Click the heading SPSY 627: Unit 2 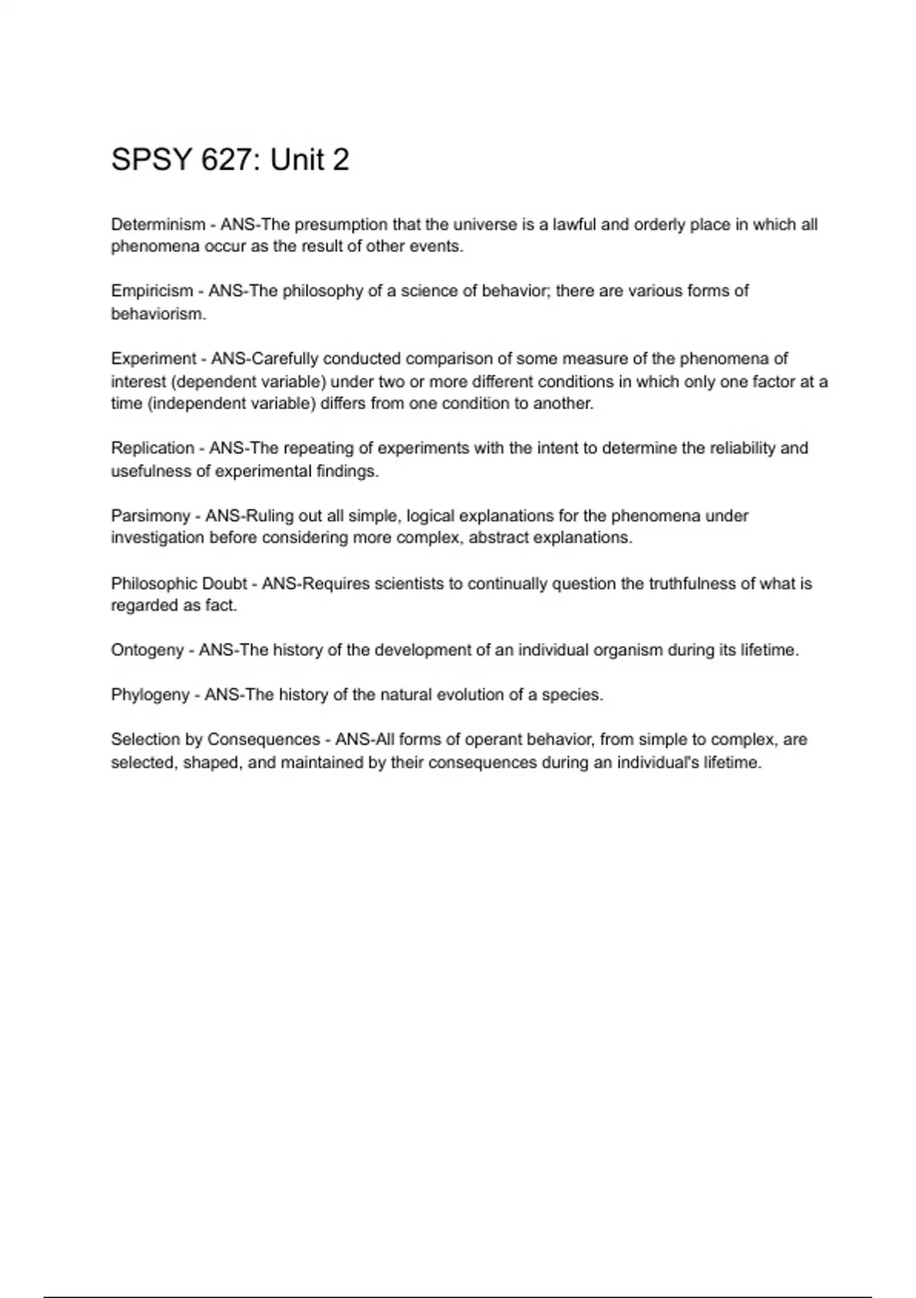coord(230,160)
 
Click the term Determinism coord(158,224)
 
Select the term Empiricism coord(152,291)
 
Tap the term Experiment coord(153,359)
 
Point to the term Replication coord(153,448)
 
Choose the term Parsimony coord(150,516)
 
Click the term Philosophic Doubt coord(179,583)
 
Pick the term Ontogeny coord(147,651)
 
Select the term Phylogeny coord(150,695)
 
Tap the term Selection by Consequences coord(215,740)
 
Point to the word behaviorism coord(158,314)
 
